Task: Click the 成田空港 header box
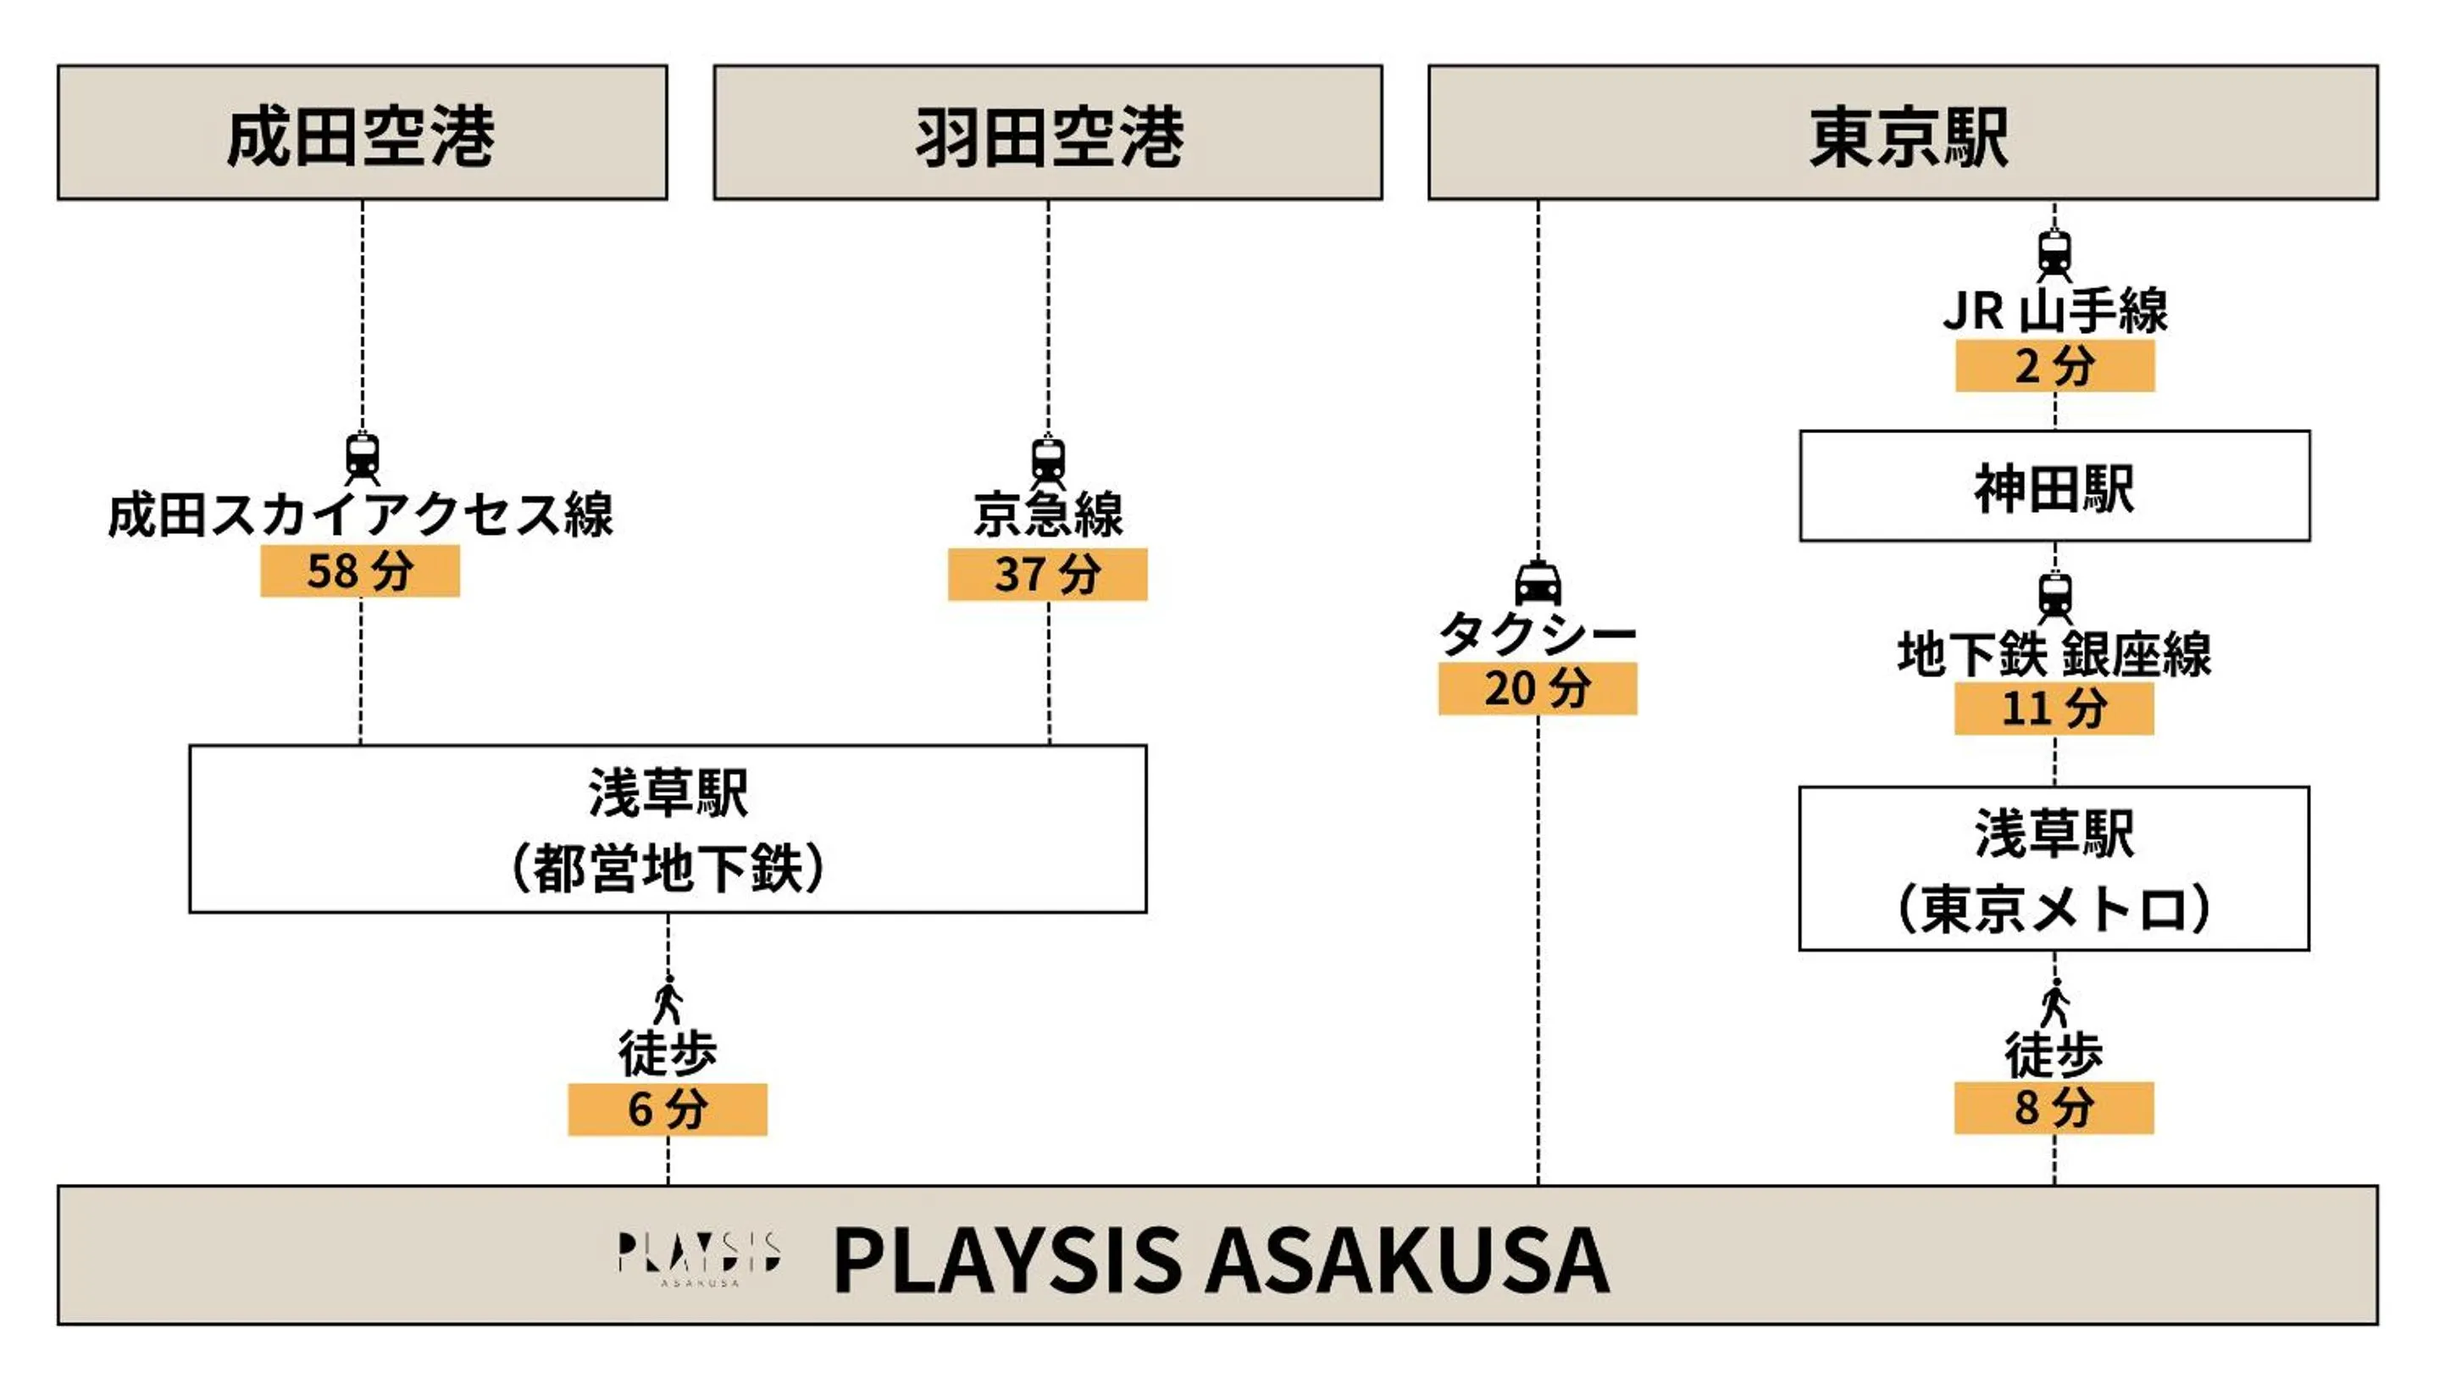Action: click(362, 132)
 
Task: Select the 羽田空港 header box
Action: click(1047, 132)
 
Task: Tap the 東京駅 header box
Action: click(1902, 132)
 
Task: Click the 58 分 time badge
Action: click(360, 571)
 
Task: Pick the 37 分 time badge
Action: click(1047, 574)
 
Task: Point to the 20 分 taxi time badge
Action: click(1537, 688)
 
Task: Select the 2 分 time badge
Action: click(2054, 365)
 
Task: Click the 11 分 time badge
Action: click(2053, 709)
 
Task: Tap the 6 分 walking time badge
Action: click(667, 1109)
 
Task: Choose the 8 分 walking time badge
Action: click(2053, 1108)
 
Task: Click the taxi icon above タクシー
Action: click(1538, 582)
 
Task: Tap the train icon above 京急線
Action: click(1047, 460)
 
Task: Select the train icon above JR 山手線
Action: click(2054, 253)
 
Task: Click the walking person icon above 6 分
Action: click(668, 1000)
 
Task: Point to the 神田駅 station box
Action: click(2054, 486)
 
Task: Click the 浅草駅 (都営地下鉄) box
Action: click(667, 829)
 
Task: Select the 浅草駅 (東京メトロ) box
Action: click(2053, 869)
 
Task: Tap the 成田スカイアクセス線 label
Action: click(360, 515)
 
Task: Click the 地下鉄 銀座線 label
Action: click(2053, 654)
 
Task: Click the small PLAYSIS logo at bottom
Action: click(698, 1258)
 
